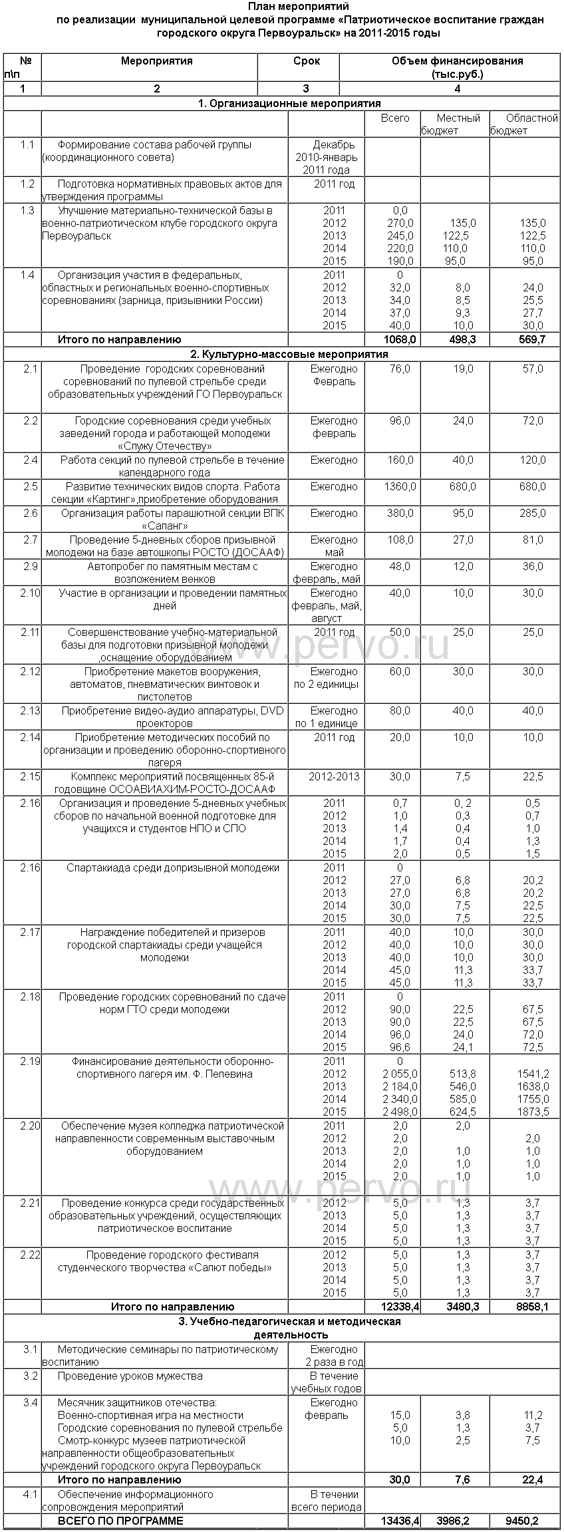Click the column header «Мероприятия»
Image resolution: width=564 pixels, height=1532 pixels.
coord(156,61)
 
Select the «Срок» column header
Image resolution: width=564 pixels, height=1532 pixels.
coord(306,61)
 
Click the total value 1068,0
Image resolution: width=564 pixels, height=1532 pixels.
coord(400,340)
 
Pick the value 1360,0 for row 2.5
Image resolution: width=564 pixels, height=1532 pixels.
coord(400,487)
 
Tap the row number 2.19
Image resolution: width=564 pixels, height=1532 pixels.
coord(30,1061)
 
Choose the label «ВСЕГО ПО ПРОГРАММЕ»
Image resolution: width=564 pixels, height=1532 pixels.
coord(120,1521)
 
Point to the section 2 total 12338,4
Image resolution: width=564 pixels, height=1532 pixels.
coord(400,1306)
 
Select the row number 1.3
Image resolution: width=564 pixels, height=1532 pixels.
coord(27,211)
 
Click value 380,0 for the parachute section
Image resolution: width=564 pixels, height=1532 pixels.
coord(400,514)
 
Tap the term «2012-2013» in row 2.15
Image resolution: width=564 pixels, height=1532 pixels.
coord(334,777)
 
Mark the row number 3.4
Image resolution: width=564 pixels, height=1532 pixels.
coord(30,1402)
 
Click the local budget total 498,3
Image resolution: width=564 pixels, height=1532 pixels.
coord(458,340)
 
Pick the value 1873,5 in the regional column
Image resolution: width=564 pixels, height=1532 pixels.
coord(533,1112)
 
